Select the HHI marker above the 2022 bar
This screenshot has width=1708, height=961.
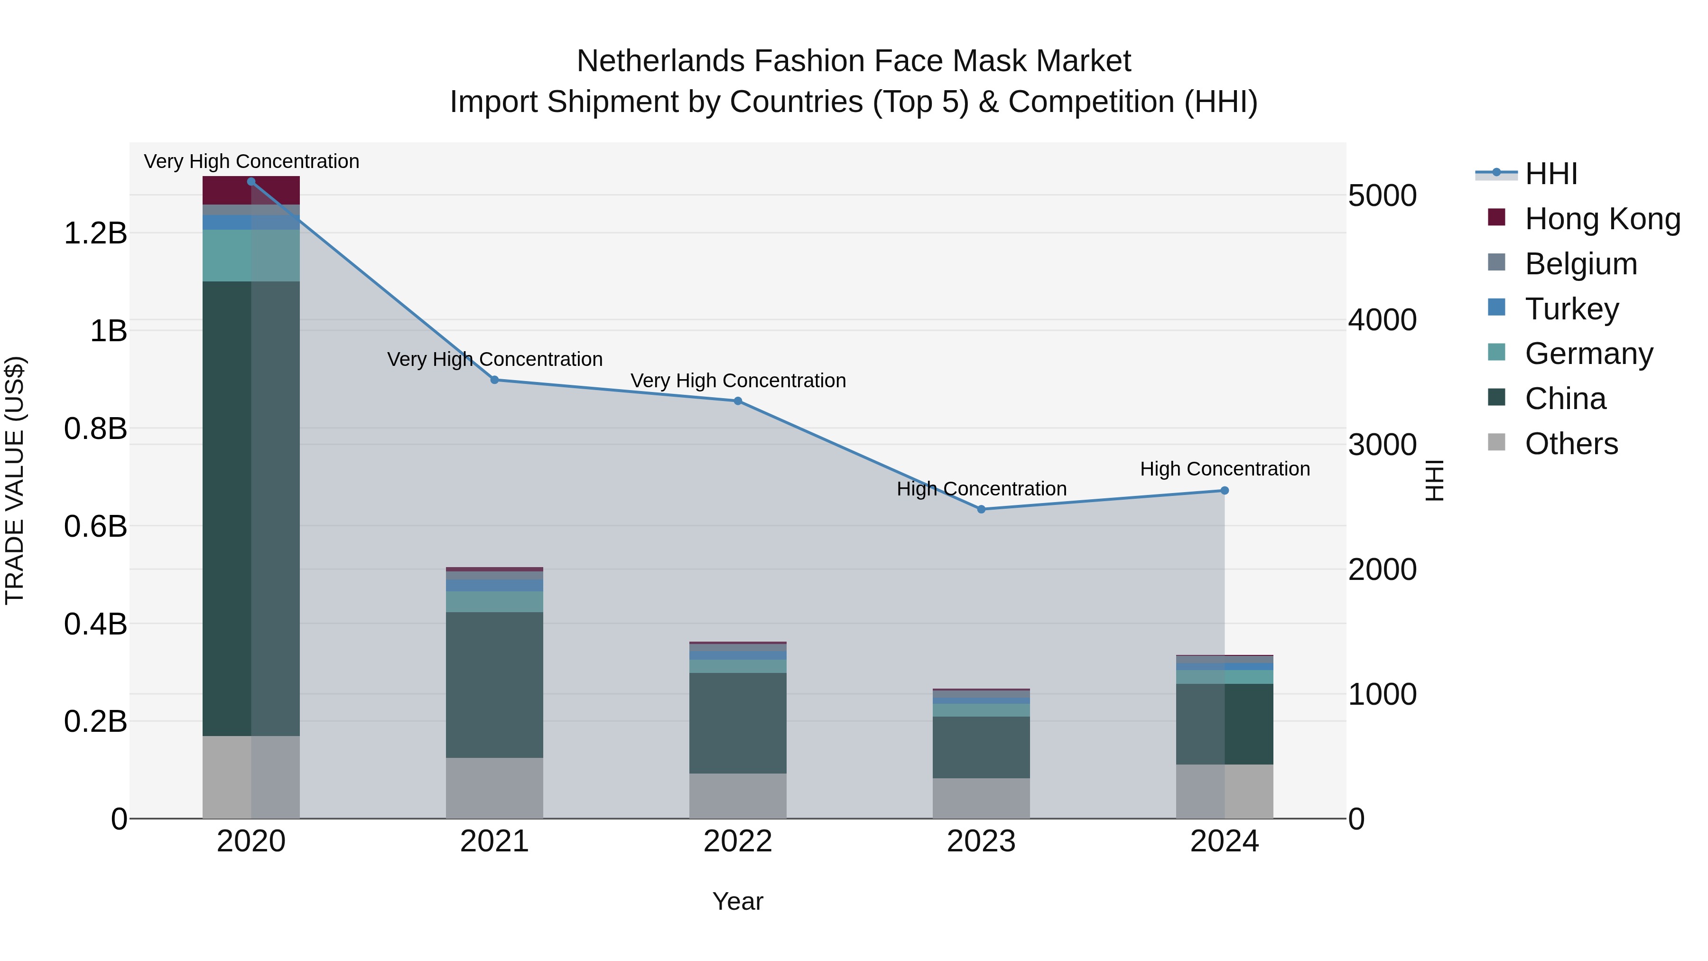[x=737, y=401]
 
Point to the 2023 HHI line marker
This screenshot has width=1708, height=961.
[x=981, y=509]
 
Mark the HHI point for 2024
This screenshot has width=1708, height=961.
[x=1225, y=491]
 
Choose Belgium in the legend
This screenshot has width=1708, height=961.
[x=1581, y=264]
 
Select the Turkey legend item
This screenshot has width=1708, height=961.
[x=1571, y=309]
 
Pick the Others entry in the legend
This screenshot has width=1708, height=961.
[x=1571, y=444]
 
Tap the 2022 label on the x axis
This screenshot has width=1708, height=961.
[x=737, y=841]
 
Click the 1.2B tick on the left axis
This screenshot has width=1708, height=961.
[x=95, y=233]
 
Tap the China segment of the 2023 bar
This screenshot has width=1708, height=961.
[x=981, y=747]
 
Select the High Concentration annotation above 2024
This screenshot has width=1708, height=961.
[x=1225, y=469]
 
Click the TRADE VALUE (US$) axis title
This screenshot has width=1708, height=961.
[x=15, y=480]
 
